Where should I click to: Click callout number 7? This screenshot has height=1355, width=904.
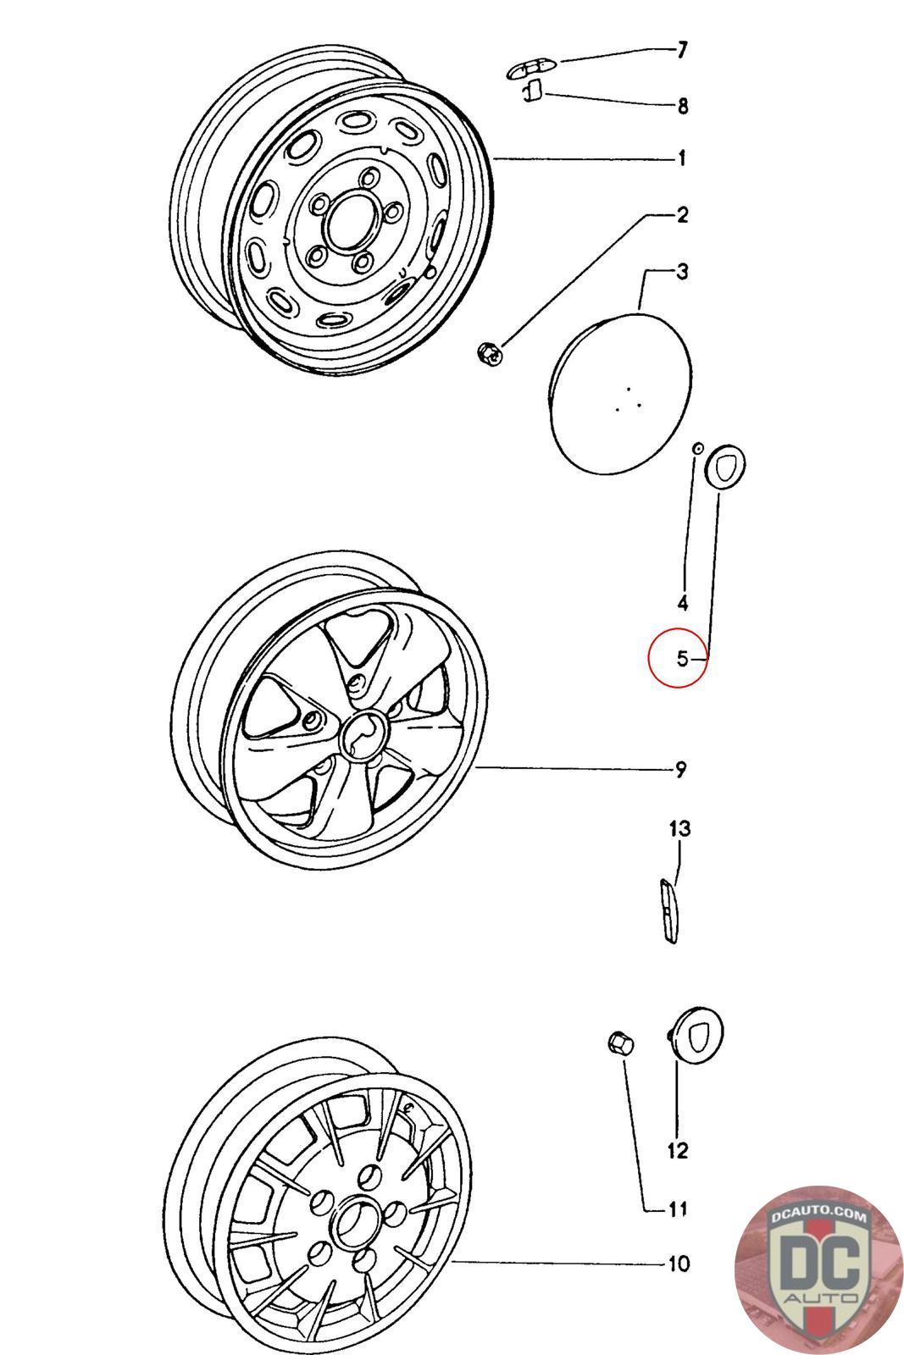pyautogui.click(x=682, y=50)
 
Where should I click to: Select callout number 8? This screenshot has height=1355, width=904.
pyautogui.click(x=683, y=107)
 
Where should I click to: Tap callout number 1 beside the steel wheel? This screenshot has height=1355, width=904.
pyautogui.click(x=683, y=158)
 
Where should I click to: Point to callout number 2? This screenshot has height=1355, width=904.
pyautogui.click(x=683, y=215)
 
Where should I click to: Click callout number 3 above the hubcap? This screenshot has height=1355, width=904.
pyautogui.click(x=683, y=272)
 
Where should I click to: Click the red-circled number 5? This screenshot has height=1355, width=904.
pyautogui.click(x=683, y=658)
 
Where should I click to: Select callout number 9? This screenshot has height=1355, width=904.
pyautogui.click(x=681, y=770)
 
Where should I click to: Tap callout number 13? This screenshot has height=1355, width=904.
pyautogui.click(x=679, y=828)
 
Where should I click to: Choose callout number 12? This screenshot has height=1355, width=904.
pyautogui.click(x=679, y=1150)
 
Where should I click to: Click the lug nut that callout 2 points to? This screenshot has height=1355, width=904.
pyautogui.click(x=490, y=353)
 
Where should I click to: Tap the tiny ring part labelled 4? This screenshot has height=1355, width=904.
pyautogui.click(x=697, y=449)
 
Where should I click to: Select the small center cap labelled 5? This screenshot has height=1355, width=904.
pyautogui.click(x=725, y=465)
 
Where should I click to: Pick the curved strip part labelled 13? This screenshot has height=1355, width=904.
pyautogui.click(x=668, y=911)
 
